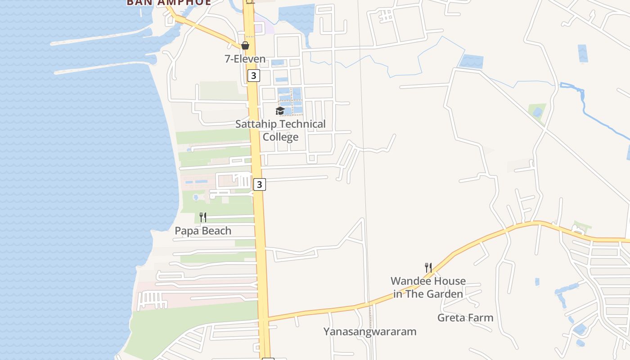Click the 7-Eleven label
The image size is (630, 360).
[245, 59]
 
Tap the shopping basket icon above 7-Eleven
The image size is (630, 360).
[245, 45]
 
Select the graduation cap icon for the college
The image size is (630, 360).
[280, 111]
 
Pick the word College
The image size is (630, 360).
[280, 137]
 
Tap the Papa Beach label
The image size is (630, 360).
[203, 231]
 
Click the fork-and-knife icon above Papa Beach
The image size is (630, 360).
[203, 217]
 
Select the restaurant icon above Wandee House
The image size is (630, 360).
[428, 268]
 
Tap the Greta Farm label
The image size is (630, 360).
[465, 318]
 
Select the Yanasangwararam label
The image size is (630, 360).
[370, 332]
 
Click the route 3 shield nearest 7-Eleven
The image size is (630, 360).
[254, 76]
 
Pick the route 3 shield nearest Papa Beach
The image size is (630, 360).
[260, 184]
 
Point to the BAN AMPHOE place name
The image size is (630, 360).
[169, 2]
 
